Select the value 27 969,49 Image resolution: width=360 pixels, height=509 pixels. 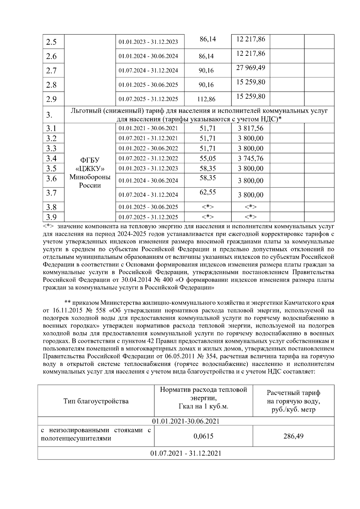click(x=250, y=68)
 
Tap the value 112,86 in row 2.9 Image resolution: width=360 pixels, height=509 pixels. click(x=206, y=99)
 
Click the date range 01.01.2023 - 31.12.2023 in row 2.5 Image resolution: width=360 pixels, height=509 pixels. click(x=148, y=42)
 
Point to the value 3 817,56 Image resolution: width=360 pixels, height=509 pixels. click(x=250, y=128)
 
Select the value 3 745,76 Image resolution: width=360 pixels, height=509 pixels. click(x=250, y=158)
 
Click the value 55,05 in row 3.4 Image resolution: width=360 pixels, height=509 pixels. click(x=208, y=158)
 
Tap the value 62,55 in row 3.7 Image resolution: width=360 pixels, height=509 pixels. click(x=208, y=192)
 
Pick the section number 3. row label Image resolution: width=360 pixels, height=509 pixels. click(x=49, y=115)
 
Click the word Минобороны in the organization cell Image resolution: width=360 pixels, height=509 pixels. click(x=90, y=177)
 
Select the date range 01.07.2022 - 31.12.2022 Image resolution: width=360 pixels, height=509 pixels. click(x=148, y=158)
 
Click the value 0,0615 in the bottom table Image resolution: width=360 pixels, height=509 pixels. click(x=203, y=436)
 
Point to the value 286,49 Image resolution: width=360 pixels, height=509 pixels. click(x=293, y=436)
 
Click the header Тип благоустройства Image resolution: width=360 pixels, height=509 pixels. click(x=96, y=401)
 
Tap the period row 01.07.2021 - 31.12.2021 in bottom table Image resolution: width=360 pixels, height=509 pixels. click(x=186, y=453)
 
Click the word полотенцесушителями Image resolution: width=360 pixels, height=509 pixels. click(x=76, y=439)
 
